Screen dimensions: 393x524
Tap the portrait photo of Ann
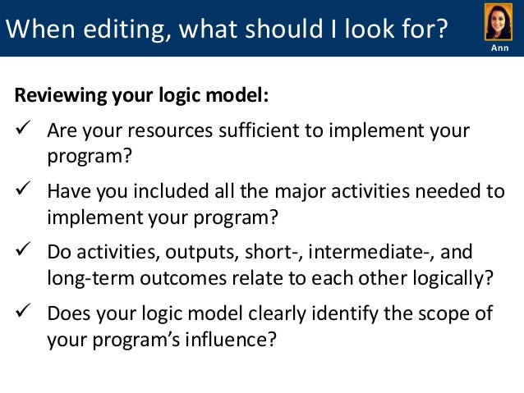498,22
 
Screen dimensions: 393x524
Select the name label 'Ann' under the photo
499,49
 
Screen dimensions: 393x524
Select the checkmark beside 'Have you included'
23,192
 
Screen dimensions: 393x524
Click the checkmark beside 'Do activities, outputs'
23,252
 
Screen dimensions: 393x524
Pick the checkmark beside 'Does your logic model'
23,313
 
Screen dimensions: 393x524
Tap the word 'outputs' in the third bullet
193,252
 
